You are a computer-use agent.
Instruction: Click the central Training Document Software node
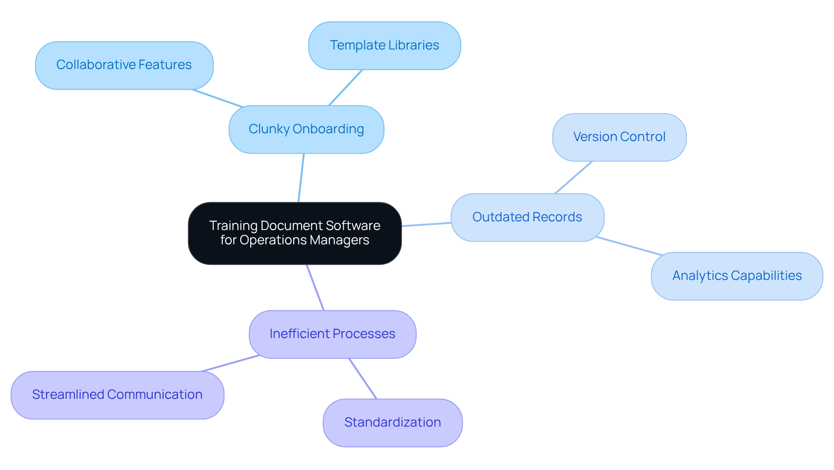[295, 233]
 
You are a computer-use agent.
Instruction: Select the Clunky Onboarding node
[306, 129]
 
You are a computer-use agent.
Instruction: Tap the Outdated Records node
[527, 217]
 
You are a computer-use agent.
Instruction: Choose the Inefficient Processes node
[332, 334]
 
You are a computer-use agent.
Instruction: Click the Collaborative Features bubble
[124, 65]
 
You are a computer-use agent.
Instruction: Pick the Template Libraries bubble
[384, 46]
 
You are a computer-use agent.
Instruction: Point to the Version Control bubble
[619, 137]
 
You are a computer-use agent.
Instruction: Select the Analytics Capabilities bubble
[737, 276]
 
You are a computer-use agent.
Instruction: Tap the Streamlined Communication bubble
[117, 394]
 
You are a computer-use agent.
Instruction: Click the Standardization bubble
[393, 422]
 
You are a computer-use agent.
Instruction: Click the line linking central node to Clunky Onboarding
[301, 178]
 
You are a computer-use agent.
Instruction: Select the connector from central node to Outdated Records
[426, 224]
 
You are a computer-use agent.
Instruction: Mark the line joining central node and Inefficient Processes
[315, 287]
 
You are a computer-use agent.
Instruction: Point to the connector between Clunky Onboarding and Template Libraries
[346, 87]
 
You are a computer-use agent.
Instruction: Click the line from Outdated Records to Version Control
[573, 177]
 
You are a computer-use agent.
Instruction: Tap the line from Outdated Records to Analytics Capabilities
[629, 246]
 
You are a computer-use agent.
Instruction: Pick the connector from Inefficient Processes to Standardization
[363, 378]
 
